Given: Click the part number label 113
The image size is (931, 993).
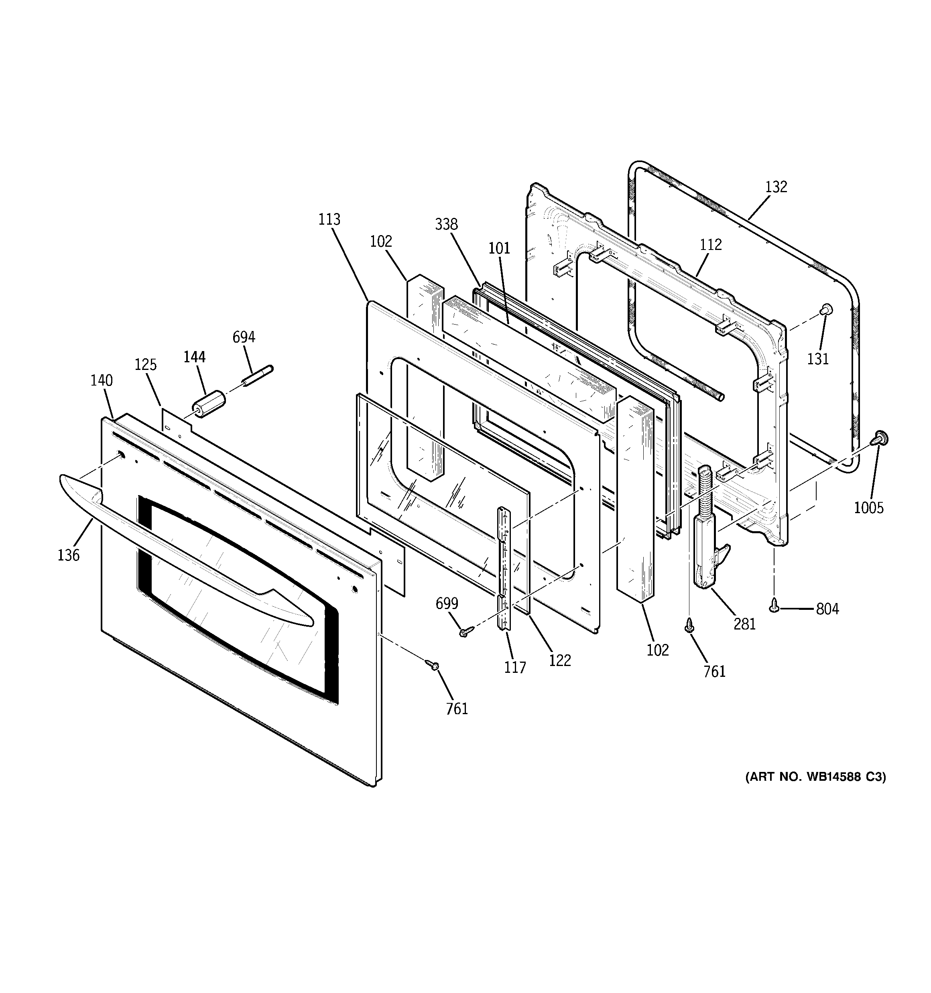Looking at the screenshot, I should [329, 220].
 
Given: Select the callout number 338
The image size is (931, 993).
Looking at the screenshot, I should [446, 225].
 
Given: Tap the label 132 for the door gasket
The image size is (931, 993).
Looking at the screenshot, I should [776, 187].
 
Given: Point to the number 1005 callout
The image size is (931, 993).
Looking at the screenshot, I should [868, 508].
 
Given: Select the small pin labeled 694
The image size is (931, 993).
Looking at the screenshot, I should [258, 376].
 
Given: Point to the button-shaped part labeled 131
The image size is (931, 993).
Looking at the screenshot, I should [825, 310].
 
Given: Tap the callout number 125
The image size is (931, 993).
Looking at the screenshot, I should [145, 365].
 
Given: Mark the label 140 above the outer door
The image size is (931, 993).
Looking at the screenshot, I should [102, 381].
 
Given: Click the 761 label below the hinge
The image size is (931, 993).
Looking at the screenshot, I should [714, 672].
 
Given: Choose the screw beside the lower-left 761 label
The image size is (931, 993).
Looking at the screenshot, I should [432, 665].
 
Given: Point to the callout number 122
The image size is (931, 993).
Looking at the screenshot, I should [560, 661].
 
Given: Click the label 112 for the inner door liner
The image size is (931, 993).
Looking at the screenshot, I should [711, 245].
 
